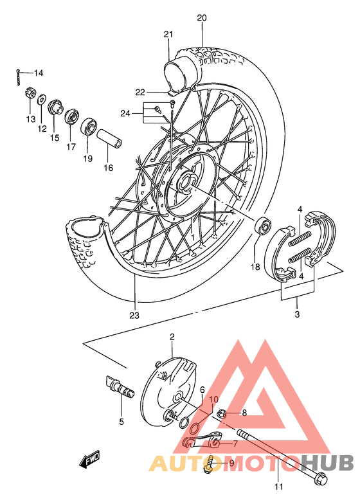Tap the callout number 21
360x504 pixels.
[168, 34]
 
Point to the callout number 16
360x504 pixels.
[107, 168]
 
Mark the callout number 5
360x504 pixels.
[120, 422]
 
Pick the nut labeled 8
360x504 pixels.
[221, 413]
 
